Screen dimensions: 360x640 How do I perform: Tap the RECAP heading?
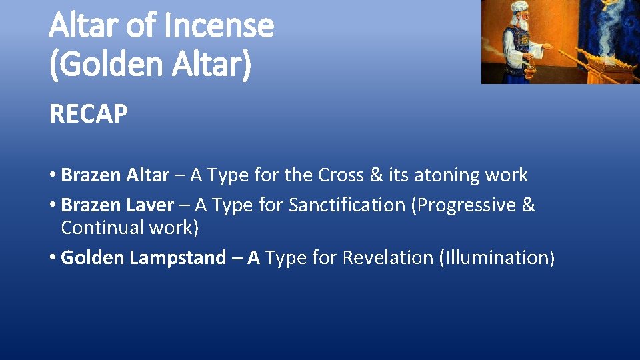pos(88,115)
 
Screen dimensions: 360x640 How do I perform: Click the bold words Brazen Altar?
pos(115,175)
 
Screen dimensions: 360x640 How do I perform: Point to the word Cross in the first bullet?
pos(342,175)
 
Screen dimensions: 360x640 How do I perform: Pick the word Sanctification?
pos(347,205)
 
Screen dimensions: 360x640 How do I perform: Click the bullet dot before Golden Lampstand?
pos(53,258)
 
